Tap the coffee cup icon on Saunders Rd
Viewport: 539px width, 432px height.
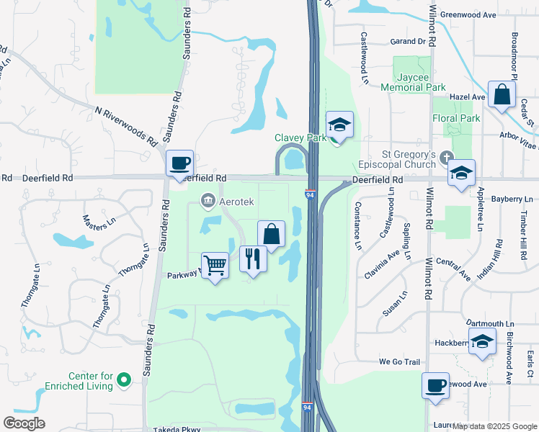coord(179,162)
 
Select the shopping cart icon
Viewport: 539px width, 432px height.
coord(215,266)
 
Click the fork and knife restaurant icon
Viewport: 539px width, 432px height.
coord(252,258)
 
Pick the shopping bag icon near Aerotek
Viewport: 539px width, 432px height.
coord(271,233)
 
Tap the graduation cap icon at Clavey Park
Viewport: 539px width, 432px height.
coord(339,125)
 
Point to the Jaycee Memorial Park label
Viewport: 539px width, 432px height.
coord(421,81)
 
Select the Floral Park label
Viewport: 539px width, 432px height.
coord(455,118)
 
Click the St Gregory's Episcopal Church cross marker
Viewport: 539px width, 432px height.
coord(447,156)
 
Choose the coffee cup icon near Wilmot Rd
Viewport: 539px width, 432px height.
coord(435,385)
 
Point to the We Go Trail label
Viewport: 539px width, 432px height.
coord(398,361)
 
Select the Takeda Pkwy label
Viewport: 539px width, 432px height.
coord(177,429)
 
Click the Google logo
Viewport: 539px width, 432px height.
coord(24,423)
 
